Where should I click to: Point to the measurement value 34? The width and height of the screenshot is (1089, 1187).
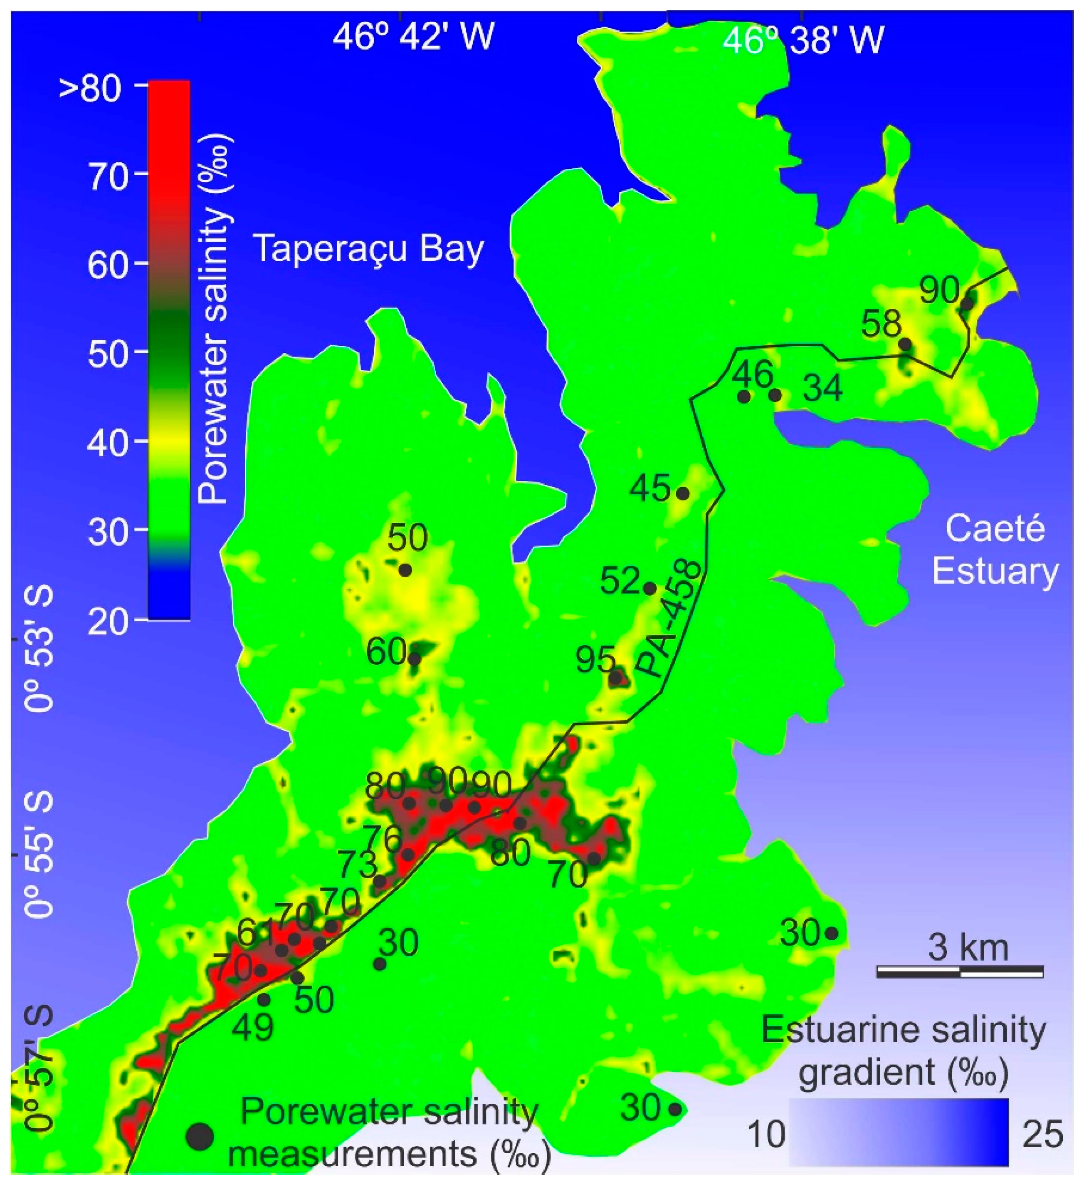(823, 389)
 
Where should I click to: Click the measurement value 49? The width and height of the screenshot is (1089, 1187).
(253, 1028)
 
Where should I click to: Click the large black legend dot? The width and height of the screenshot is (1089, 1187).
(200, 1136)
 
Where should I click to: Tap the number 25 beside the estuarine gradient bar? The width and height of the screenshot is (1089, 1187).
(1042, 1134)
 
